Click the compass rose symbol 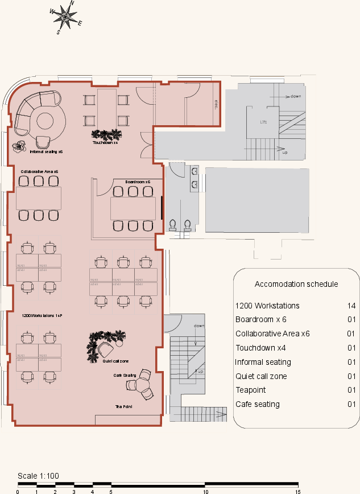[x=66, y=17]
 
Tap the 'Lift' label [x=263, y=122]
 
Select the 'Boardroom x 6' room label [x=138, y=182]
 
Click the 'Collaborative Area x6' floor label [x=39, y=171]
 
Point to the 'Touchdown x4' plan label [x=105, y=143]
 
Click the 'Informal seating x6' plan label [x=45, y=153]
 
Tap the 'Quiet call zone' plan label [x=115, y=361]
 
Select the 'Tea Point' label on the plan [x=123, y=407]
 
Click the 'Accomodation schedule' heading [x=296, y=284]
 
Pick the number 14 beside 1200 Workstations [x=351, y=306]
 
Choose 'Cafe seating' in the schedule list [x=257, y=405]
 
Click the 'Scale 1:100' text [x=38, y=476]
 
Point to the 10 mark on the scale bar [x=205, y=491]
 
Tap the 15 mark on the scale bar [x=297, y=491]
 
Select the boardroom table [x=133, y=208]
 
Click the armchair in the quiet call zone [x=105, y=348]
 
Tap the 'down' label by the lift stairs [x=295, y=96]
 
